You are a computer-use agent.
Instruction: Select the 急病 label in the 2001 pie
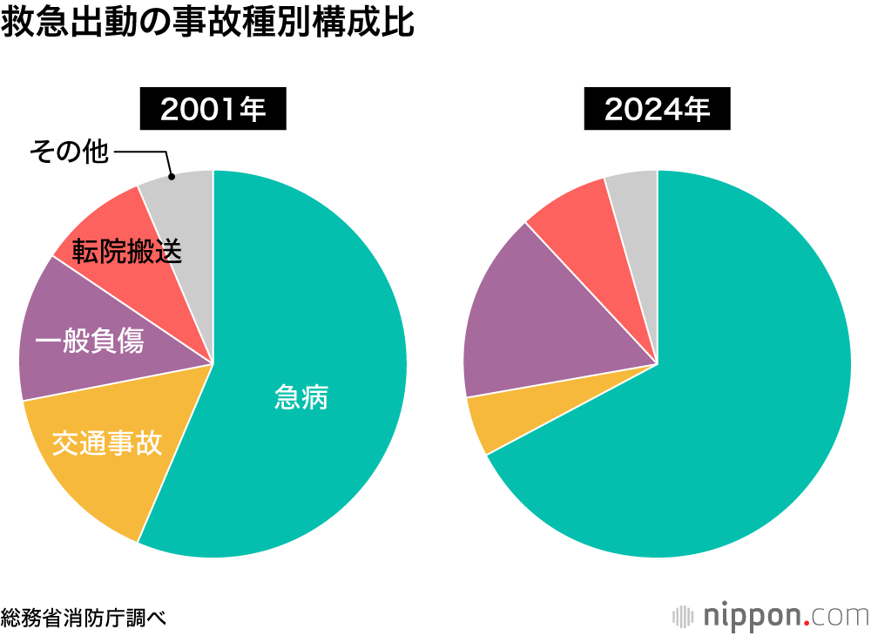(x=301, y=398)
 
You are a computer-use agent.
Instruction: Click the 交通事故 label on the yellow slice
(x=106, y=443)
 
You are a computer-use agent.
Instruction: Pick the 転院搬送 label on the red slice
(x=127, y=251)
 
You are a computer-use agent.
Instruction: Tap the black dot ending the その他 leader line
(x=172, y=176)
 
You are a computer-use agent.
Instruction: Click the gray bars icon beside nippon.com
(x=683, y=615)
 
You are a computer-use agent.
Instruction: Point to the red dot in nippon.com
(x=806, y=622)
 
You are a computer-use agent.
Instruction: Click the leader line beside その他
(x=139, y=152)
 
